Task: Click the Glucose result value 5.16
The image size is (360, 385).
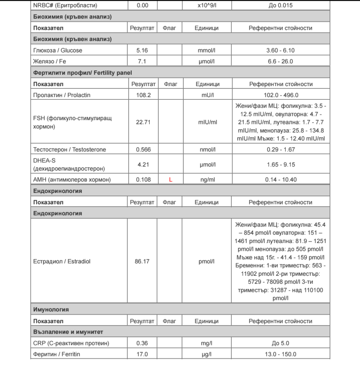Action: (141, 50)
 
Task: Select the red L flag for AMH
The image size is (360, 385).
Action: (170, 180)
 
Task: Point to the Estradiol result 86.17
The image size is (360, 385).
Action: (142, 261)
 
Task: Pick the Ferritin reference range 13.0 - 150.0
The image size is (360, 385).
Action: (280, 354)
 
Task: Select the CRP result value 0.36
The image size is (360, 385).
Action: (142, 344)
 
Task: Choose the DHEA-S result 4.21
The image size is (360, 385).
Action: (142, 165)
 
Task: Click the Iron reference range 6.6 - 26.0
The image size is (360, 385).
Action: (280, 61)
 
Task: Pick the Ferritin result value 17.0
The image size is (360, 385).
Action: (142, 354)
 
